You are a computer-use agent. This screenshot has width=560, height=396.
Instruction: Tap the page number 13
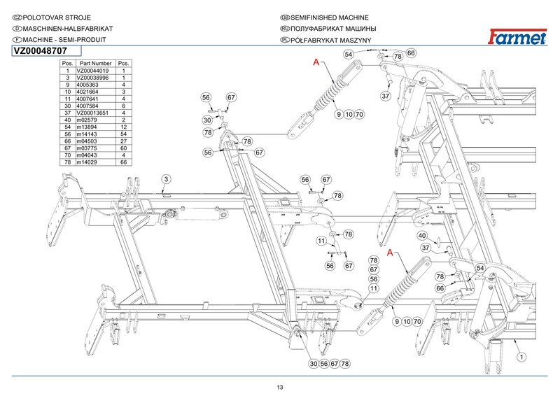pos(280,387)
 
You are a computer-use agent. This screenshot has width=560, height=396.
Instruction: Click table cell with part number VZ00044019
pos(92,71)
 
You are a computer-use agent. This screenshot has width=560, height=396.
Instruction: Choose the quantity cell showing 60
pos(123,148)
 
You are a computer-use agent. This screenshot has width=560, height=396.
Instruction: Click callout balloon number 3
pos(166,181)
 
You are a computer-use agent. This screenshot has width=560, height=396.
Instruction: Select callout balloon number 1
pos(521,356)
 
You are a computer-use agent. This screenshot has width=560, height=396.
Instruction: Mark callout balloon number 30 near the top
pos(207,120)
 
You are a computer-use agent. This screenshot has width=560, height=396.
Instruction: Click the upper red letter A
pos(316,64)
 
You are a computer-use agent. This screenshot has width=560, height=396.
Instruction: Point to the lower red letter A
pos(390,251)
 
